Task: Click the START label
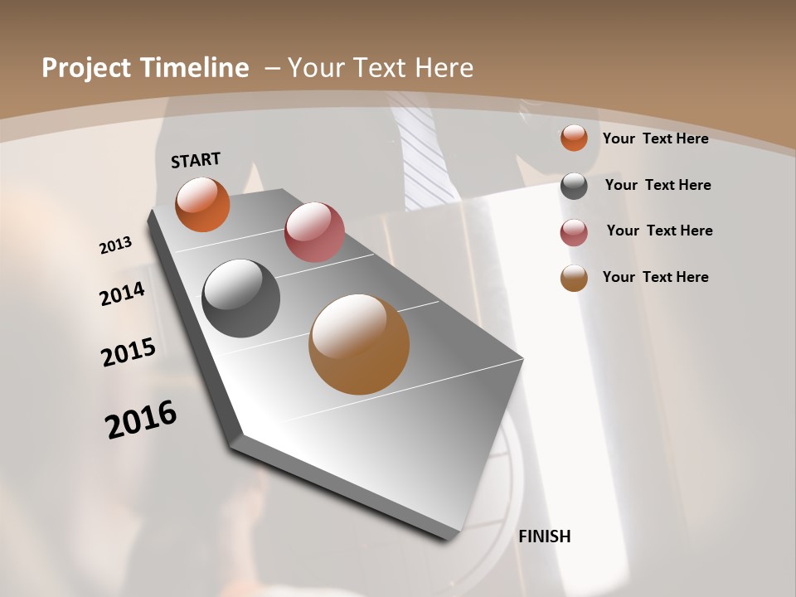pos(196,160)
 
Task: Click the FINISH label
pos(544,536)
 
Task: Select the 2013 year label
pos(115,245)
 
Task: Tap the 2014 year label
pos(122,294)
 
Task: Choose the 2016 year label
pos(141,419)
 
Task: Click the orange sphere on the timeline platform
pos(202,204)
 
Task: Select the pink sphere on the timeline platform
pos(314,232)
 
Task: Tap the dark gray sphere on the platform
pos(240,298)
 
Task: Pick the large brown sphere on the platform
pos(359,344)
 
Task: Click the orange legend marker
pos(574,138)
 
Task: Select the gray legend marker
pos(574,186)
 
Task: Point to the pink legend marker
pos(574,232)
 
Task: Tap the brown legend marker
pos(574,278)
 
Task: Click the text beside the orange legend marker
pos(655,138)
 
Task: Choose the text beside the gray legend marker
pos(658,185)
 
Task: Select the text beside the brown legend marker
pos(655,277)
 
